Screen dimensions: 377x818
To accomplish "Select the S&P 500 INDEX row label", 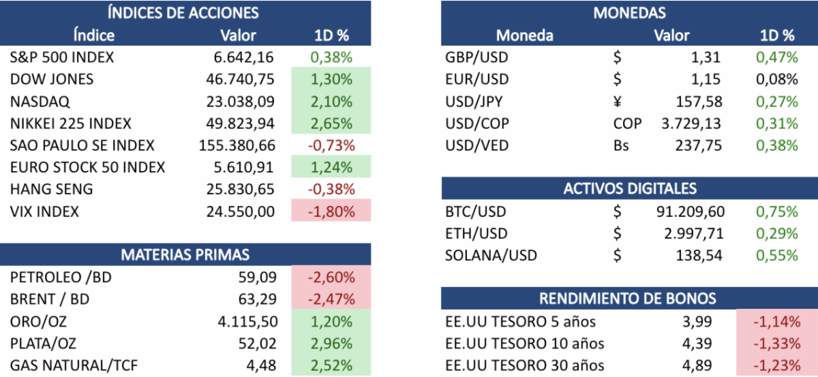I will pos(62,57).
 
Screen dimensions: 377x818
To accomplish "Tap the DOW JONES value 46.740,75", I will pos(240,79).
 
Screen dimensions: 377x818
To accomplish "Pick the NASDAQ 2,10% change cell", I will pos(331,102).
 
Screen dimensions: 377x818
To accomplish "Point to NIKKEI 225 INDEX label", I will pos(71,123).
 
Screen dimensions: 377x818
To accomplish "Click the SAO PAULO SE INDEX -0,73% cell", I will pos(331,145).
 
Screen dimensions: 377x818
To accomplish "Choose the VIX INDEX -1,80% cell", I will pos(331,211).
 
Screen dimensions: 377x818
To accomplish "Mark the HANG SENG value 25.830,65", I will pos(240,190).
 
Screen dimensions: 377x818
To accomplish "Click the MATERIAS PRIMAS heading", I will pos(185,255).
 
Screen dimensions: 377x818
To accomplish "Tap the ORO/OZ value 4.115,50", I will pos(245,321).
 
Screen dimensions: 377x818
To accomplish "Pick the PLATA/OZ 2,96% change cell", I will pos(331,343).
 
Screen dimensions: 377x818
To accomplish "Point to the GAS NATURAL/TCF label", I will pos(74,365).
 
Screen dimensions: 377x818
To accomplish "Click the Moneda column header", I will pos(524,35).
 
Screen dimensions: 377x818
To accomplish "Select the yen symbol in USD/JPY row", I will pos(618,102).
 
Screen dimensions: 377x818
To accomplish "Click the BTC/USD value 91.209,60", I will pos(690,211).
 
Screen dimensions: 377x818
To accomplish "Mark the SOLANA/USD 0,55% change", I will pos(776,256).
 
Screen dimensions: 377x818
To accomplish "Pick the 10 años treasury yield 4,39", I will pos(699,343).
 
